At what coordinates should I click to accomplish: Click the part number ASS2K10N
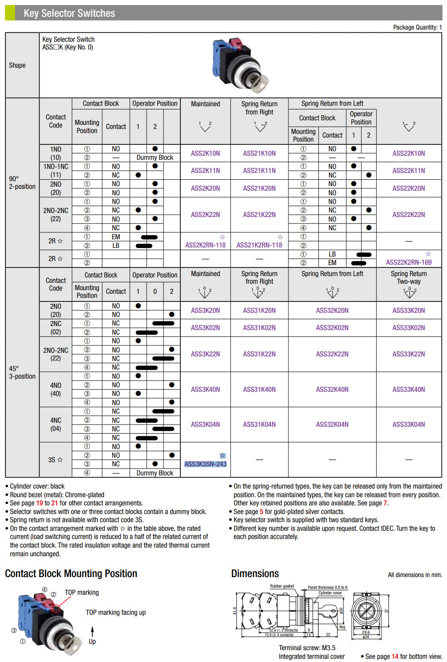click(x=205, y=153)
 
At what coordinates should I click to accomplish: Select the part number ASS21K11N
click(x=259, y=171)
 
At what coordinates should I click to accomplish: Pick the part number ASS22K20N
click(x=408, y=188)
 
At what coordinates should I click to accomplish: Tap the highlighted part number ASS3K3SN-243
click(x=205, y=464)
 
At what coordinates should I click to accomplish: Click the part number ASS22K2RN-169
click(x=408, y=262)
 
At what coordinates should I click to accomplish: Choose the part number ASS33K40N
click(x=408, y=390)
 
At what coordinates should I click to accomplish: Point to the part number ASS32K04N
click(x=332, y=425)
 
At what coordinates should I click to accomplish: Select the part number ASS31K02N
click(x=259, y=328)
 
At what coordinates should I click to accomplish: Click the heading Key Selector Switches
click(x=69, y=13)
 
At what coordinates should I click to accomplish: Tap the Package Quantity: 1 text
click(x=417, y=27)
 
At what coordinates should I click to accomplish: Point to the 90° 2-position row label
click(x=22, y=183)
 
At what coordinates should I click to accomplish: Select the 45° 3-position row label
click(x=22, y=372)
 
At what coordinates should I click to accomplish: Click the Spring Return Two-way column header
click(x=408, y=277)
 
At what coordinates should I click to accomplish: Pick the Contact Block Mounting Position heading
click(x=71, y=573)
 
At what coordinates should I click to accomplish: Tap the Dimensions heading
click(x=255, y=573)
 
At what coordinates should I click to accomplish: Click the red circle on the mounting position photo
click(x=56, y=608)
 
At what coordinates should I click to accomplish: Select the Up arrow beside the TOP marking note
click(x=92, y=632)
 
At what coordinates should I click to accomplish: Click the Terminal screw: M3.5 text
click(x=307, y=648)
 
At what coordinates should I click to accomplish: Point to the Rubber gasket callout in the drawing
click(x=282, y=586)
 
